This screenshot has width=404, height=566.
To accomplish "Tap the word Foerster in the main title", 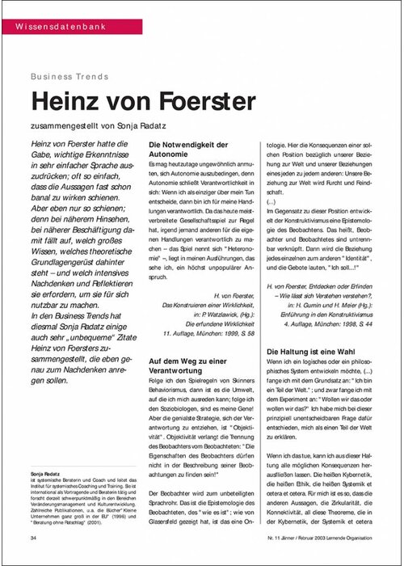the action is tap(211, 100).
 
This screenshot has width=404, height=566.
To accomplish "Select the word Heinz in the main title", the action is tap(69, 100).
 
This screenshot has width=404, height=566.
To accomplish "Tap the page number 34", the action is tap(32, 537).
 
